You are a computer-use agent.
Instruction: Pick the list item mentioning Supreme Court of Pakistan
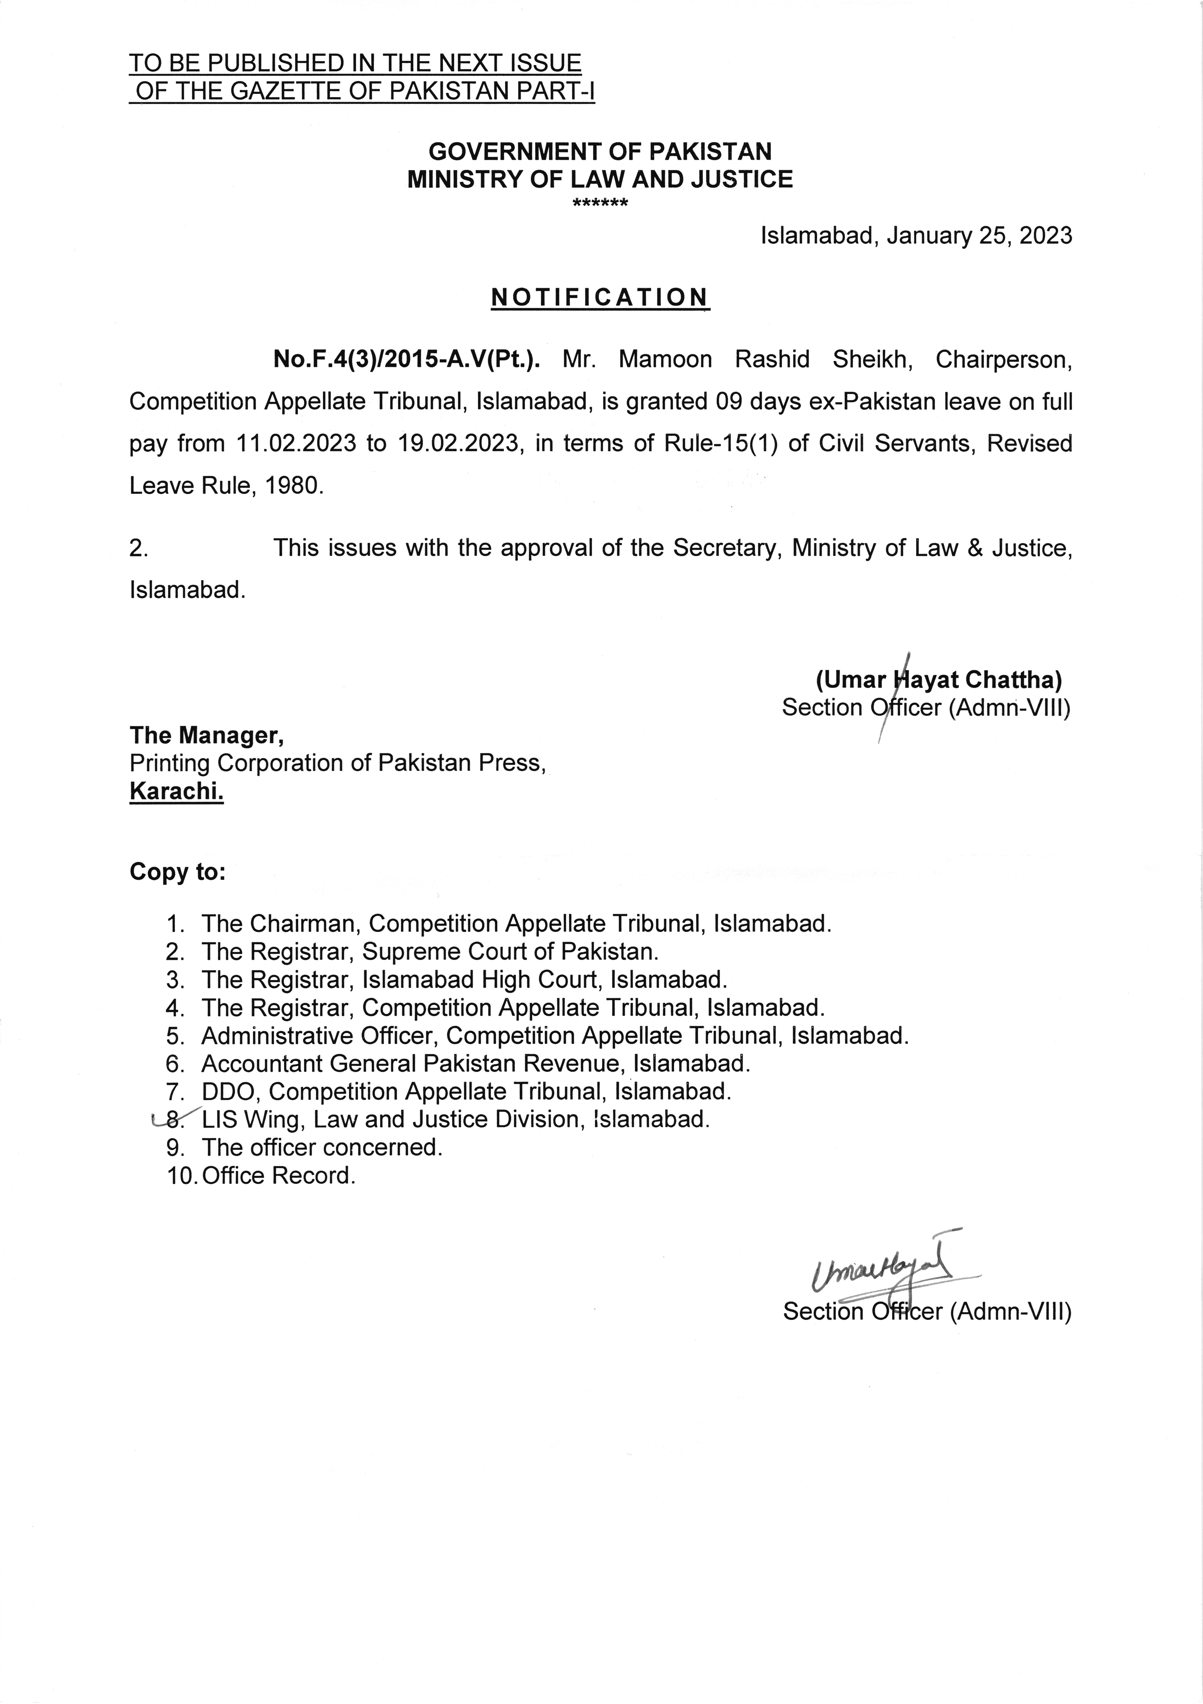coord(430,952)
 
